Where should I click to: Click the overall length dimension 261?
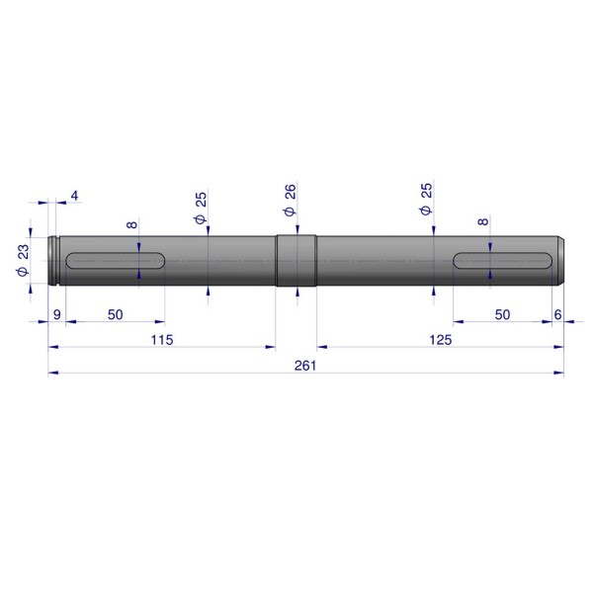305,366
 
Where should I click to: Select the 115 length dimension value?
162,340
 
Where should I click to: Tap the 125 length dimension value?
441,340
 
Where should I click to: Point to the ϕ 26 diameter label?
290,200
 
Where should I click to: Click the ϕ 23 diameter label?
23,260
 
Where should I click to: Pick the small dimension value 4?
74,196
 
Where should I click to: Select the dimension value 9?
57,314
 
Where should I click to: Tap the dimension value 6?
557,314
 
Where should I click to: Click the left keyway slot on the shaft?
116,261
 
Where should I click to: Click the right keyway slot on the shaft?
502,261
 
